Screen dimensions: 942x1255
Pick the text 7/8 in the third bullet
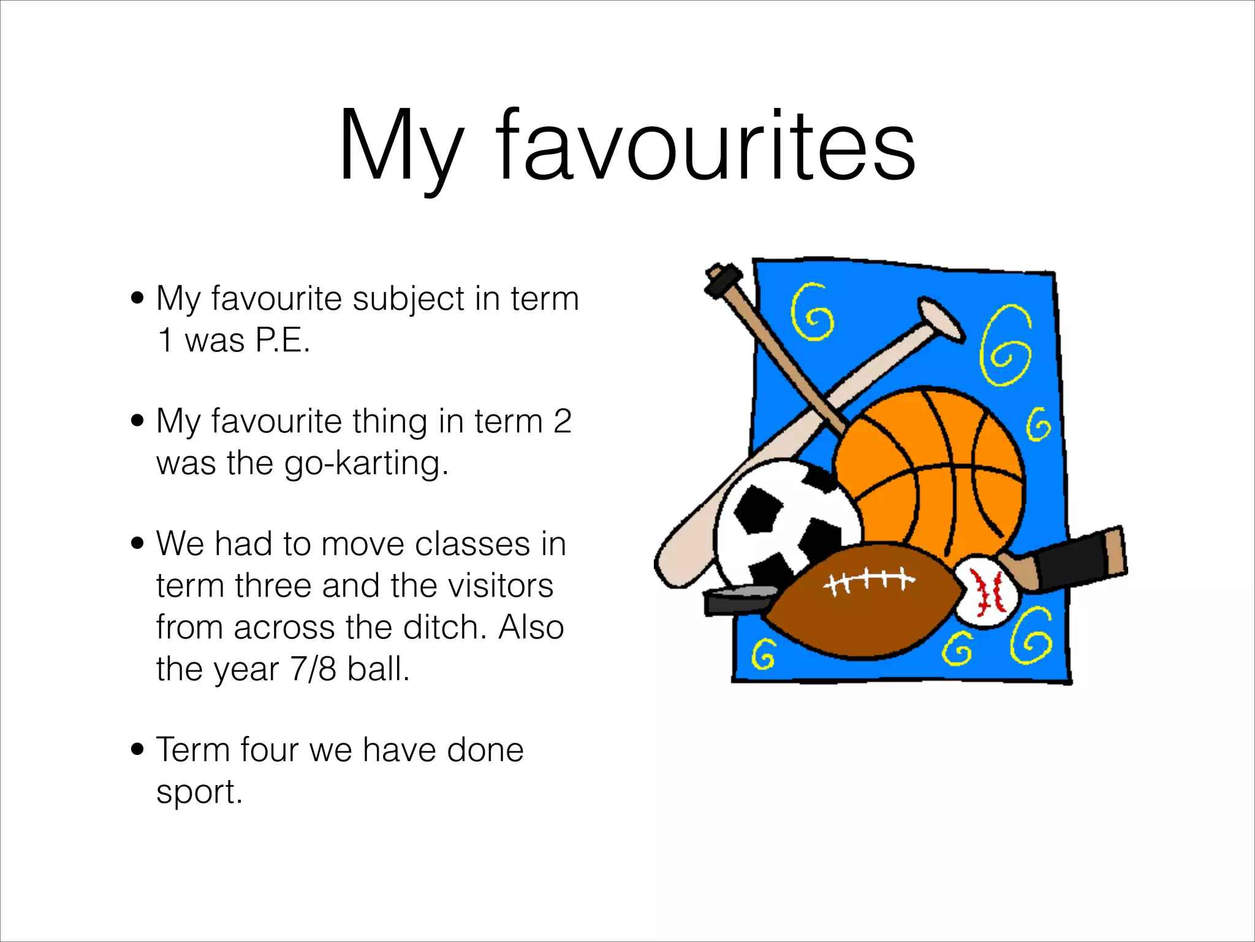pos(313,668)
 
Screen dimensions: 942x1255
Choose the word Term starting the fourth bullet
pos(193,749)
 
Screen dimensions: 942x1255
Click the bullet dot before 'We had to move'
pos(138,543)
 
